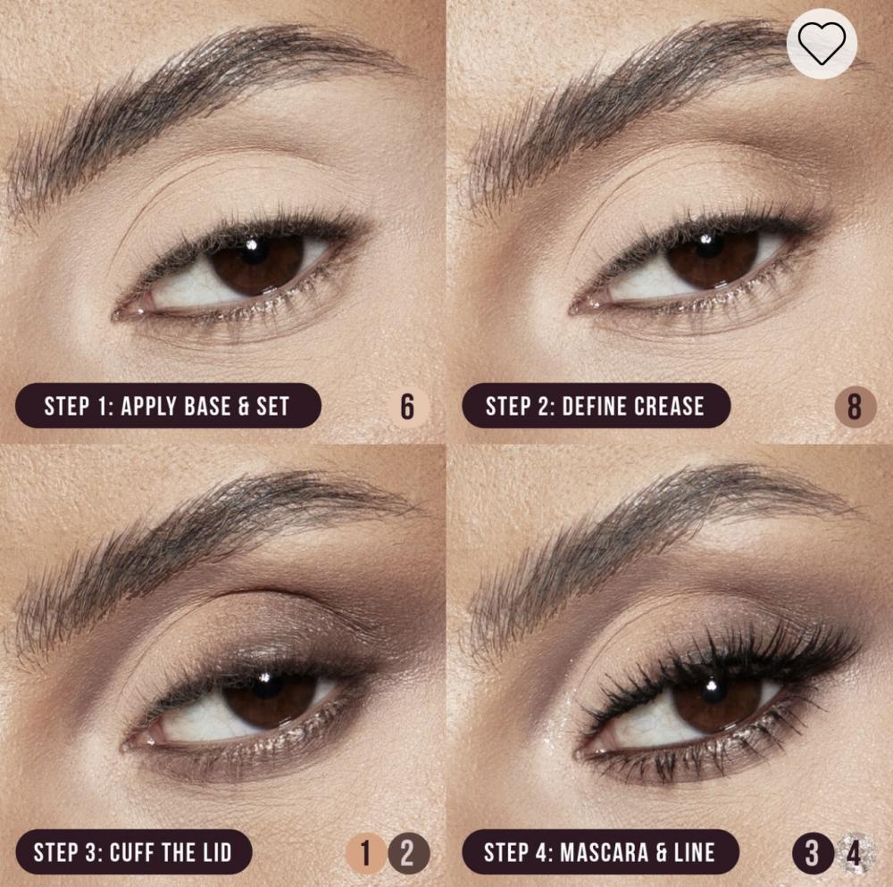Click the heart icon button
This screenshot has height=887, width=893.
coord(822,43)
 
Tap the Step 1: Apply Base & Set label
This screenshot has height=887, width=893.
coord(168,406)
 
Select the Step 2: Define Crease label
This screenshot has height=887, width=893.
coord(596,406)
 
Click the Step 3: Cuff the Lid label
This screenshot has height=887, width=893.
coord(133,851)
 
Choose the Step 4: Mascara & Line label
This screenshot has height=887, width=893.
coord(600,851)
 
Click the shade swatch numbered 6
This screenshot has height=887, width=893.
coord(407,406)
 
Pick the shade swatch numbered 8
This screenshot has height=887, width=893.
coord(855,406)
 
